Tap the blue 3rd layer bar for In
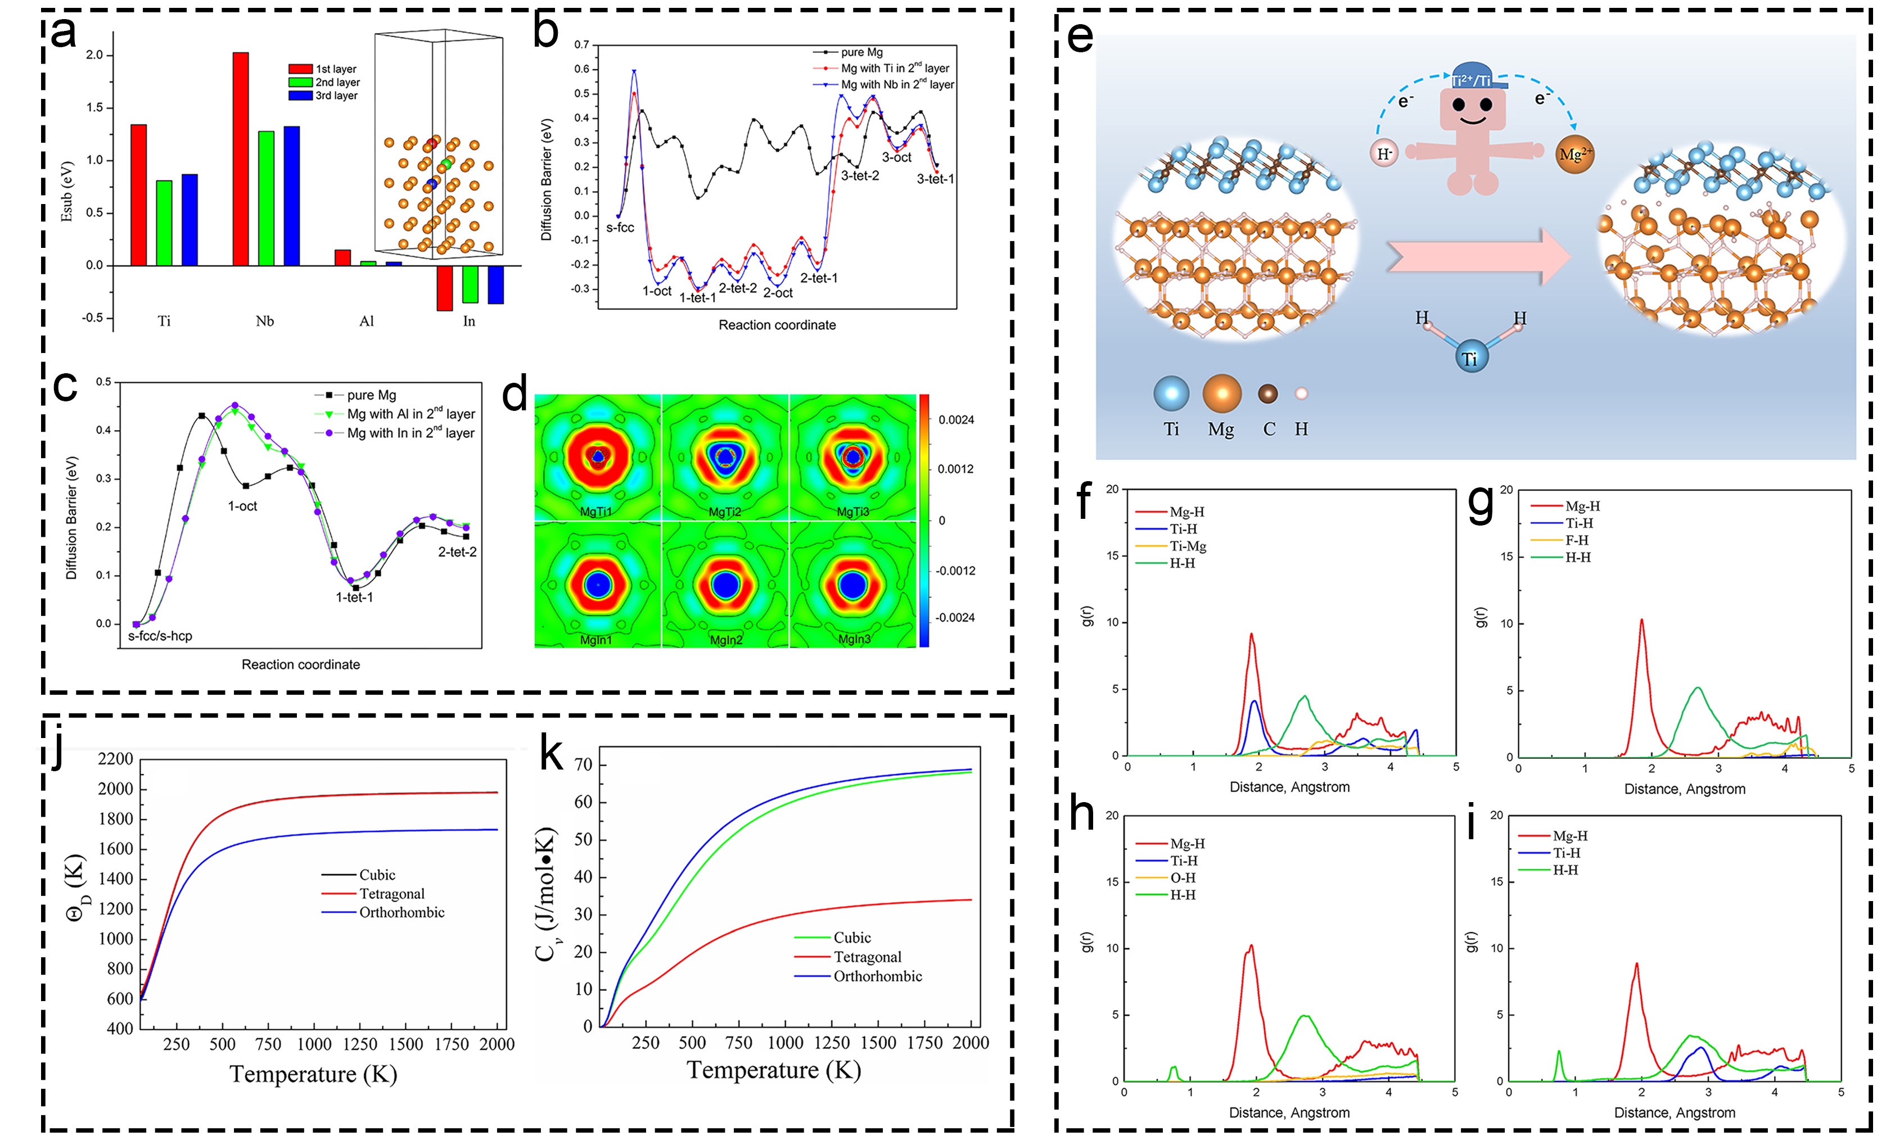pyautogui.click(x=495, y=285)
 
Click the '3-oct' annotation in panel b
pyautogui.click(x=896, y=157)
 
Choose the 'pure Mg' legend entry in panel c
pyautogui.click(x=371, y=395)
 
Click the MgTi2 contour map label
pyautogui.click(x=724, y=512)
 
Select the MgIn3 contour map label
pyautogui.click(x=854, y=639)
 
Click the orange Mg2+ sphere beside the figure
pyautogui.click(x=1574, y=155)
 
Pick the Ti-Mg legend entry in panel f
pyautogui.click(x=1187, y=546)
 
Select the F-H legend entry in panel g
pyautogui.click(x=1576, y=540)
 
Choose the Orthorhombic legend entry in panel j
pyautogui.click(x=401, y=912)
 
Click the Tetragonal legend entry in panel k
pyautogui.click(x=867, y=957)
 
